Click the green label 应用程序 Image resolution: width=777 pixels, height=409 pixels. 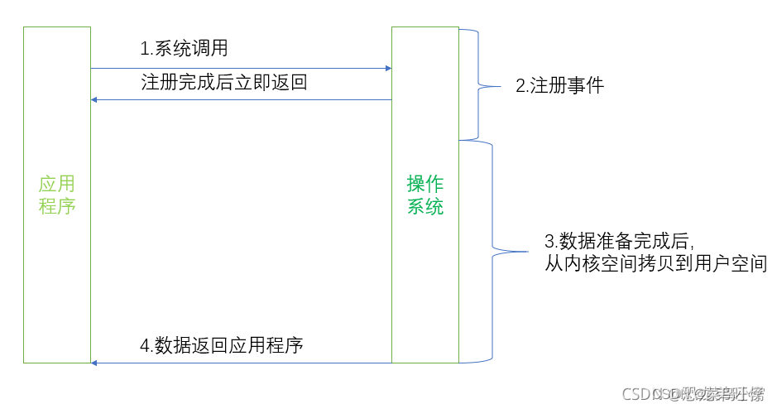coord(57,195)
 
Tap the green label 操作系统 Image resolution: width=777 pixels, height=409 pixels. coord(425,195)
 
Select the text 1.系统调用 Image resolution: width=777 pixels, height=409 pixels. coord(184,49)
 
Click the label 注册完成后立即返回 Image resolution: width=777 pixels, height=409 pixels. coord(224,82)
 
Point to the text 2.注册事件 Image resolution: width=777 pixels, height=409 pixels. coord(559,84)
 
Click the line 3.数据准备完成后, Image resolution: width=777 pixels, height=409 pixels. coord(618,242)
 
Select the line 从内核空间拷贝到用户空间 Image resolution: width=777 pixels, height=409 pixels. coord(655,264)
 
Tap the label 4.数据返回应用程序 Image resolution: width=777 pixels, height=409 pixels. coord(221,344)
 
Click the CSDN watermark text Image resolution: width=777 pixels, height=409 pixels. coord(693,394)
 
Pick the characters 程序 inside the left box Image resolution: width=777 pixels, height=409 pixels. coord(57,206)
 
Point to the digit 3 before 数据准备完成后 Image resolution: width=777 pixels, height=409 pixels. coord(549,242)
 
